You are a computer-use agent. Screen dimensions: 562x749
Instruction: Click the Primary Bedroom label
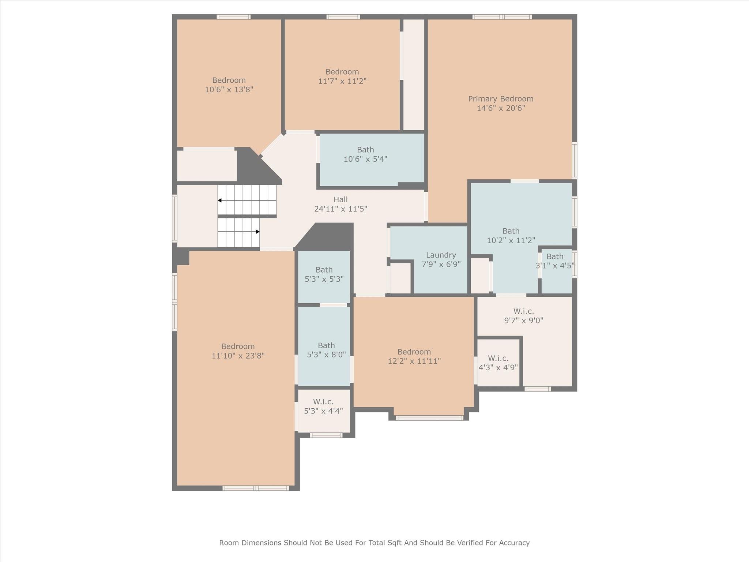point(501,99)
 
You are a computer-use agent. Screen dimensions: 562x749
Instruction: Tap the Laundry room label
point(441,255)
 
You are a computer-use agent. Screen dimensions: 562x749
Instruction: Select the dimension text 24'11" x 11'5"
point(340,209)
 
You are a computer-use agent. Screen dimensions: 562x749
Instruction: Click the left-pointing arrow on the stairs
point(220,201)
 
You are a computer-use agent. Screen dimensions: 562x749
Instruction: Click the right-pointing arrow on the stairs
point(257,232)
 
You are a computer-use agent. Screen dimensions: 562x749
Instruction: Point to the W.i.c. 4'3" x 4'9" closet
point(498,363)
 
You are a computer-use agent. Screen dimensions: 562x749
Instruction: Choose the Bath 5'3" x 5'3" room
point(324,274)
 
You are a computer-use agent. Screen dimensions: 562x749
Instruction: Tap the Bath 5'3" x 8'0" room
point(326,350)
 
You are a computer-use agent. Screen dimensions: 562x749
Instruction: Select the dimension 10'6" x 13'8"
point(229,90)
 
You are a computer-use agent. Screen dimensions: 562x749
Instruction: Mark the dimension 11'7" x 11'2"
point(342,81)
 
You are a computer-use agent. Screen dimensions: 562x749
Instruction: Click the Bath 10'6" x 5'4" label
point(365,150)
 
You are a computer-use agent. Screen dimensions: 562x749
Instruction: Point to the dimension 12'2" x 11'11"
point(414,361)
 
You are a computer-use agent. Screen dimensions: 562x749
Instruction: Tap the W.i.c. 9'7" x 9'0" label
point(523,311)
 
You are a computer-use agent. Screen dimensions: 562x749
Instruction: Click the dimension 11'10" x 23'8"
point(238,356)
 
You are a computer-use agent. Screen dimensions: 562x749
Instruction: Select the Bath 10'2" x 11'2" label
point(511,231)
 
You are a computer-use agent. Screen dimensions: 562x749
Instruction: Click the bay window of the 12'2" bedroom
point(429,418)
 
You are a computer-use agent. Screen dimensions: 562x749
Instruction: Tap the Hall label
point(340,200)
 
